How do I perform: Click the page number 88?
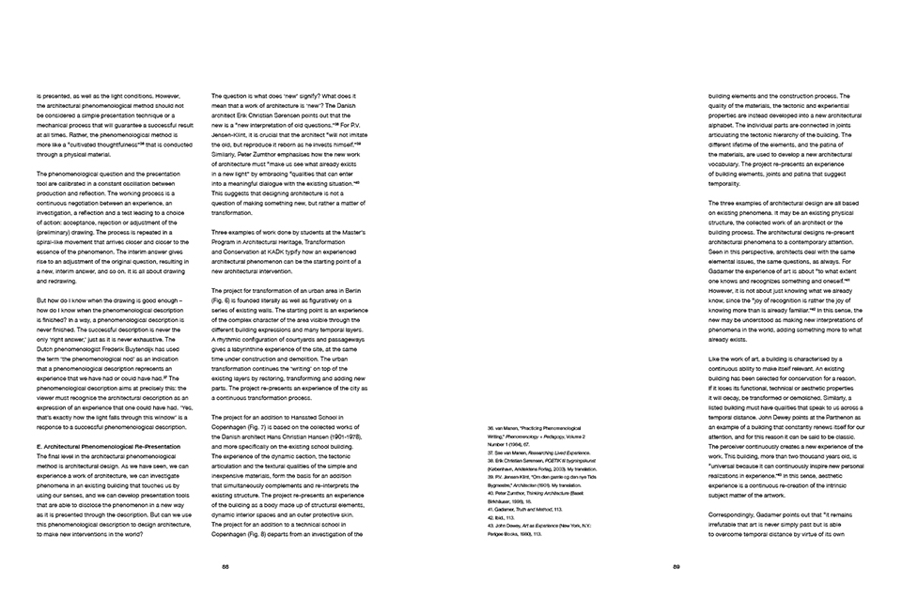[225, 566]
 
